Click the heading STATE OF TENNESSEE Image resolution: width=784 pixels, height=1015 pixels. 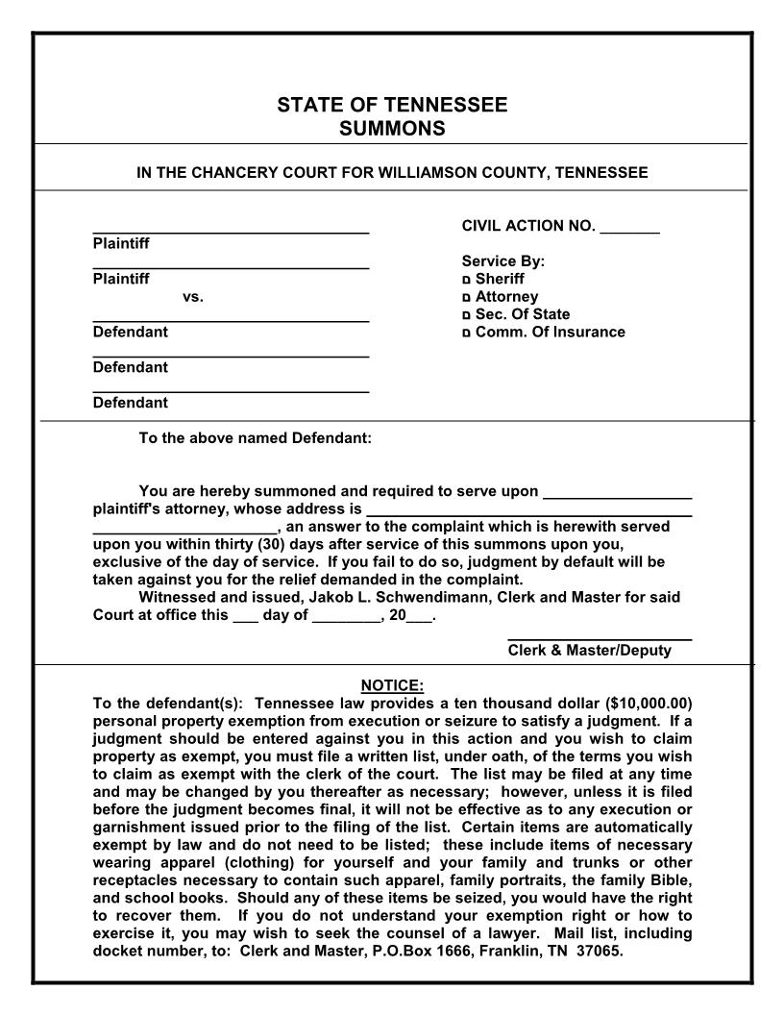click(392, 105)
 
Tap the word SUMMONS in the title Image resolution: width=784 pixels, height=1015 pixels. click(392, 128)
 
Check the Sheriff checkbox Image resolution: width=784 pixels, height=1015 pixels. click(467, 280)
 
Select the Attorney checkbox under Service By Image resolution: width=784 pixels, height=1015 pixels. click(467, 298)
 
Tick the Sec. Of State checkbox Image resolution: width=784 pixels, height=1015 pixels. click(467, 315)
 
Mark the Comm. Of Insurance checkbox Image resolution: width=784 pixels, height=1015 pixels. click(467, 334)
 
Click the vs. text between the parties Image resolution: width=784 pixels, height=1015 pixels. click(193, 297)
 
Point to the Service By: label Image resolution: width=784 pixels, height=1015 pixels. click(503, 260)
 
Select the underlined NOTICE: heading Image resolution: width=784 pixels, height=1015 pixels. click(392, 685)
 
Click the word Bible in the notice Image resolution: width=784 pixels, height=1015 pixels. click(669, 880)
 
